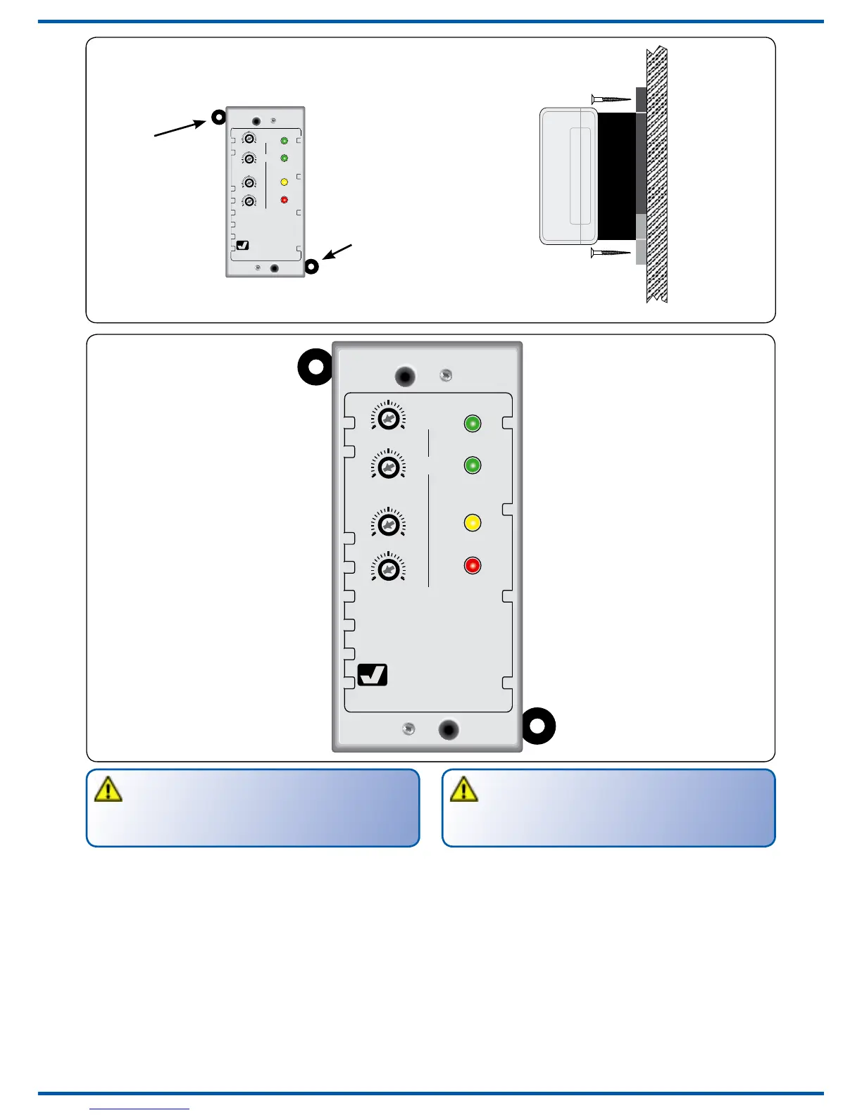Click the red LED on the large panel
(x=473, y=565)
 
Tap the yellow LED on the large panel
(x=473, y=523)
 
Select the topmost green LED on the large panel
(x=473, y=423)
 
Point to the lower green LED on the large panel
(x=473, y=465)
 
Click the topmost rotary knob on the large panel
(x=388, y=420)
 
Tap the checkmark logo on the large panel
(x=373, y=675)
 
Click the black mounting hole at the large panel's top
(x=405, y=376)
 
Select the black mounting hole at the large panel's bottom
(x=449, y=729)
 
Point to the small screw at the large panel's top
(x=445, y=376)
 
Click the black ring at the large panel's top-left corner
(x=316, y=367)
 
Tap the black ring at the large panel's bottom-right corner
(x=538, y=725)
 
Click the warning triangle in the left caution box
(x=108, y=790)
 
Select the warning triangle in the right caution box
(x=464, y=790)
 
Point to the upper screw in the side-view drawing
(x=611, y=99)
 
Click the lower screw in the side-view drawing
(x=611, y=252)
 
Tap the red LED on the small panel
(x=285, y=200)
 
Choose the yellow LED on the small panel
(x=285, y=182)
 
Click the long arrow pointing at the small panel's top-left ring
(x=180, y=128)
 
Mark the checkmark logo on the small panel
(x=243, y=246)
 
